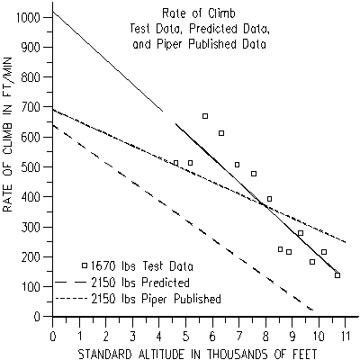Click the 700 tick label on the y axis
click(34, 107)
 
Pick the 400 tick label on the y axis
click(34, 197)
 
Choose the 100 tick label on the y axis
click(34, 286)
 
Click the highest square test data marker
click(205, 116)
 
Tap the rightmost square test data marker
click(337, 275)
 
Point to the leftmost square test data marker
click(175, 163)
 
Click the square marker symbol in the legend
click(85, 266)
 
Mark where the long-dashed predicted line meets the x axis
click(313, 310)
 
